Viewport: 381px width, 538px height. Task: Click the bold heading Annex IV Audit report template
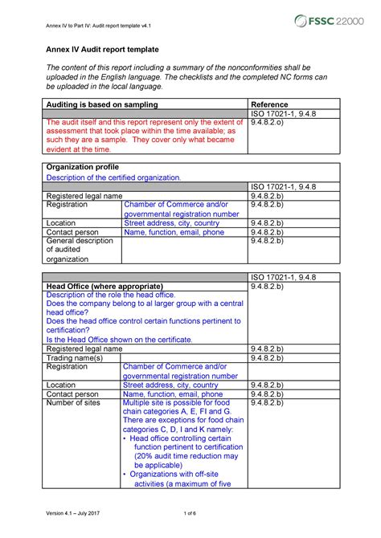[x=101, y=50]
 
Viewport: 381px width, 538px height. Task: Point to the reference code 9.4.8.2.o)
[x=272, y=124]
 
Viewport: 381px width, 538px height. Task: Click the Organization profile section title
[x=81, y=166]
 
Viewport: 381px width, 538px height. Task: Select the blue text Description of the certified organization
[x=114, y=177]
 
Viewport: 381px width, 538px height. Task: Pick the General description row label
[x=80, y=241]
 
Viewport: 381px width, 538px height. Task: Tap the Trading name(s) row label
[x=74, y=359]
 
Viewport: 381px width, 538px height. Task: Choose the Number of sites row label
[x=73, y=402]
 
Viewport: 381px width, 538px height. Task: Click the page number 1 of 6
[x=190, y=514]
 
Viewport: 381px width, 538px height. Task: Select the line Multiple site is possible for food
[x=175, y=402]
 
